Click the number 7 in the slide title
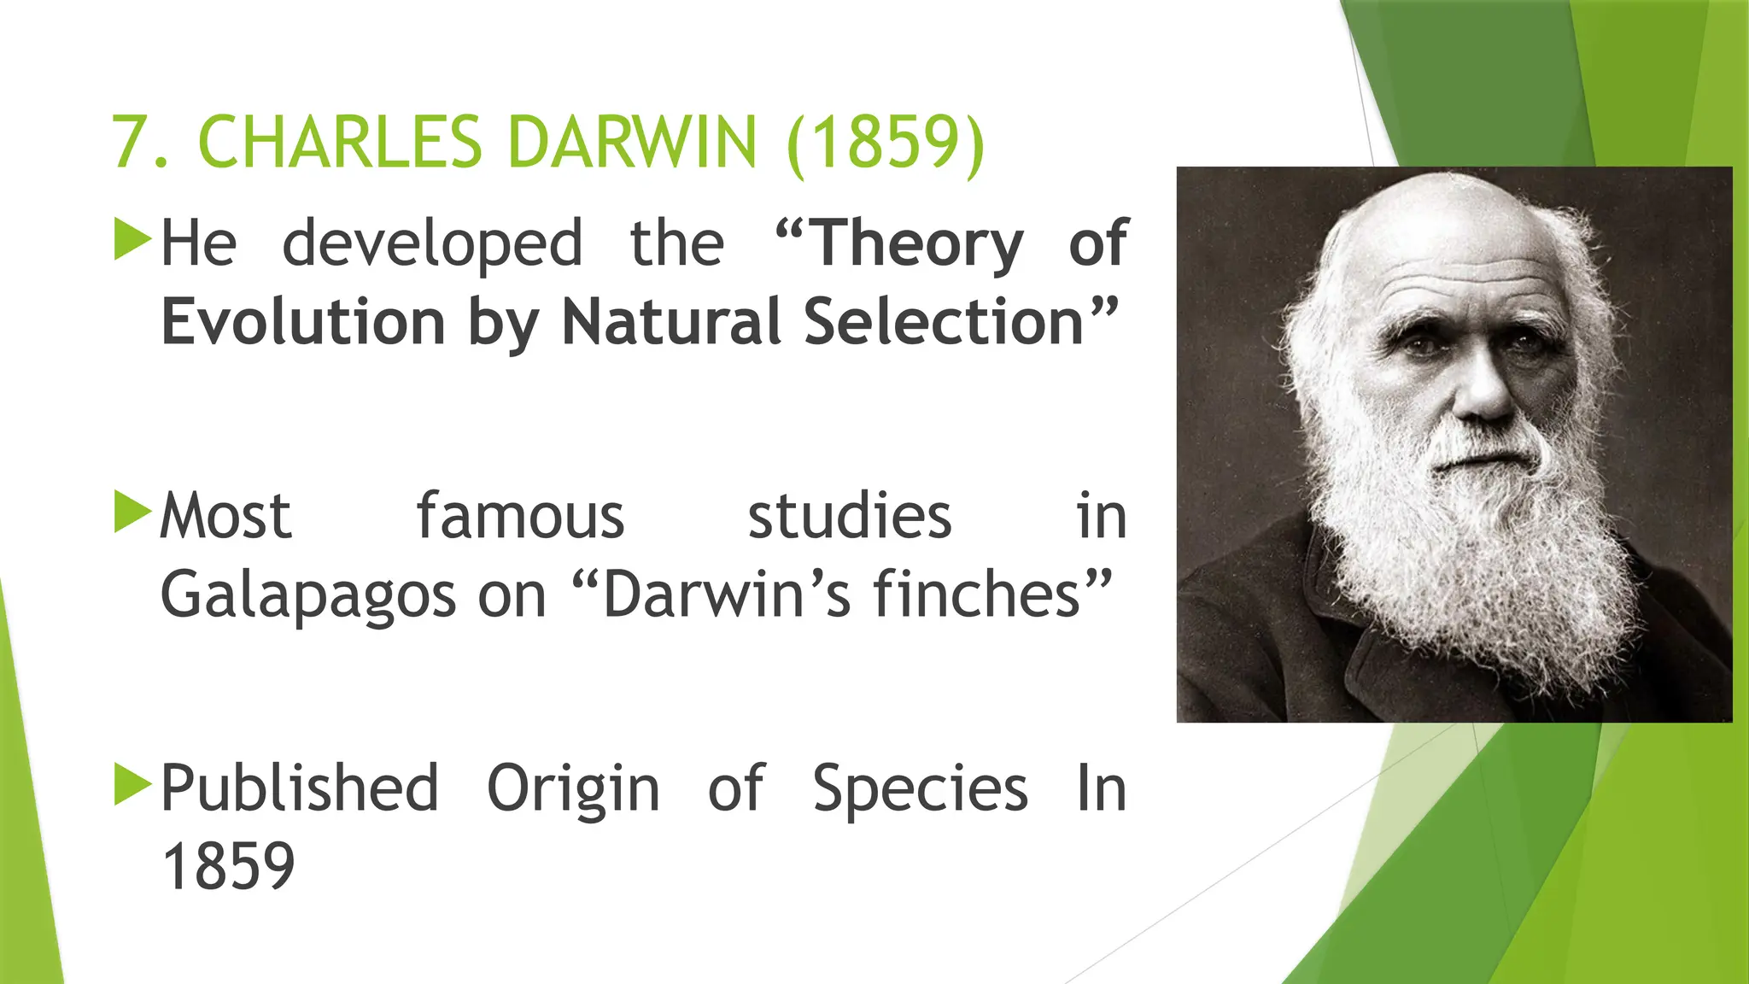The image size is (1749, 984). pyautogui.click(x=129, y=142)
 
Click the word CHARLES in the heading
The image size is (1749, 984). pyautogui.click(x=340, y=142)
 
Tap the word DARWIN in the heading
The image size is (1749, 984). pyautogui.click(x=632, y=142)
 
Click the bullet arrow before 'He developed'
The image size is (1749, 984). pyautogui.click(x=132, y=239)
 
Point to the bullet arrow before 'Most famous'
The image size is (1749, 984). pyautogui.click(x=132, y=512)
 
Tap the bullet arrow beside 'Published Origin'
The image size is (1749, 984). pyautogui.click(x=132, y=784)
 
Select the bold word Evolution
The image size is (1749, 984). pyautogui.click(x=303, y=323)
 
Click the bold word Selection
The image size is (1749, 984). pyautogui.click(x=944, y=323)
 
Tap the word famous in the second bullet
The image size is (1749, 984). pyautogui.click(x=520, y=517)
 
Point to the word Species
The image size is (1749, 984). pyautogui.click(x=920, y=788)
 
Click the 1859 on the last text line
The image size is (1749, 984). pyautogui.click(x=228, y=867)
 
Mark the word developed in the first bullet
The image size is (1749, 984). pyautogui.click(x=432, y=245)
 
